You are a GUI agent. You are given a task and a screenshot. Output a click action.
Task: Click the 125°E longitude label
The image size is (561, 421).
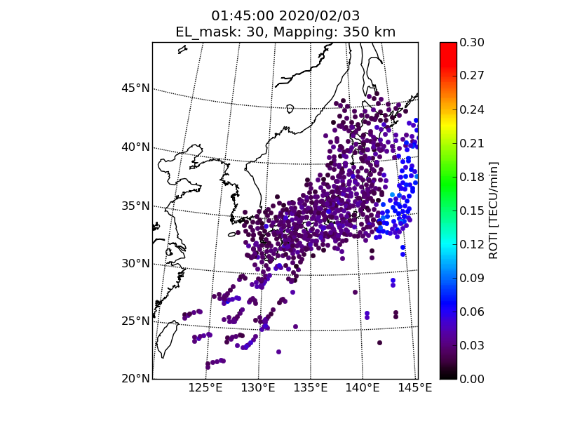point(207,388)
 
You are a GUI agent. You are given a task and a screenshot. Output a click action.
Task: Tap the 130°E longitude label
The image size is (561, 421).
point(258,388)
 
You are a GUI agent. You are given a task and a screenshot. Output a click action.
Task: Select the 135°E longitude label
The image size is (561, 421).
point(310,388)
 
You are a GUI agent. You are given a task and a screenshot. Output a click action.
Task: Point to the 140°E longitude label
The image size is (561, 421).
point(363,388)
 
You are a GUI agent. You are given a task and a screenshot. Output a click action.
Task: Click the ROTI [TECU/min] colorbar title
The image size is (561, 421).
point(494,210)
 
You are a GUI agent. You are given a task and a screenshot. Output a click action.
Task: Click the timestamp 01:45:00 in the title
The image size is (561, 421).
point(242,15)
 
